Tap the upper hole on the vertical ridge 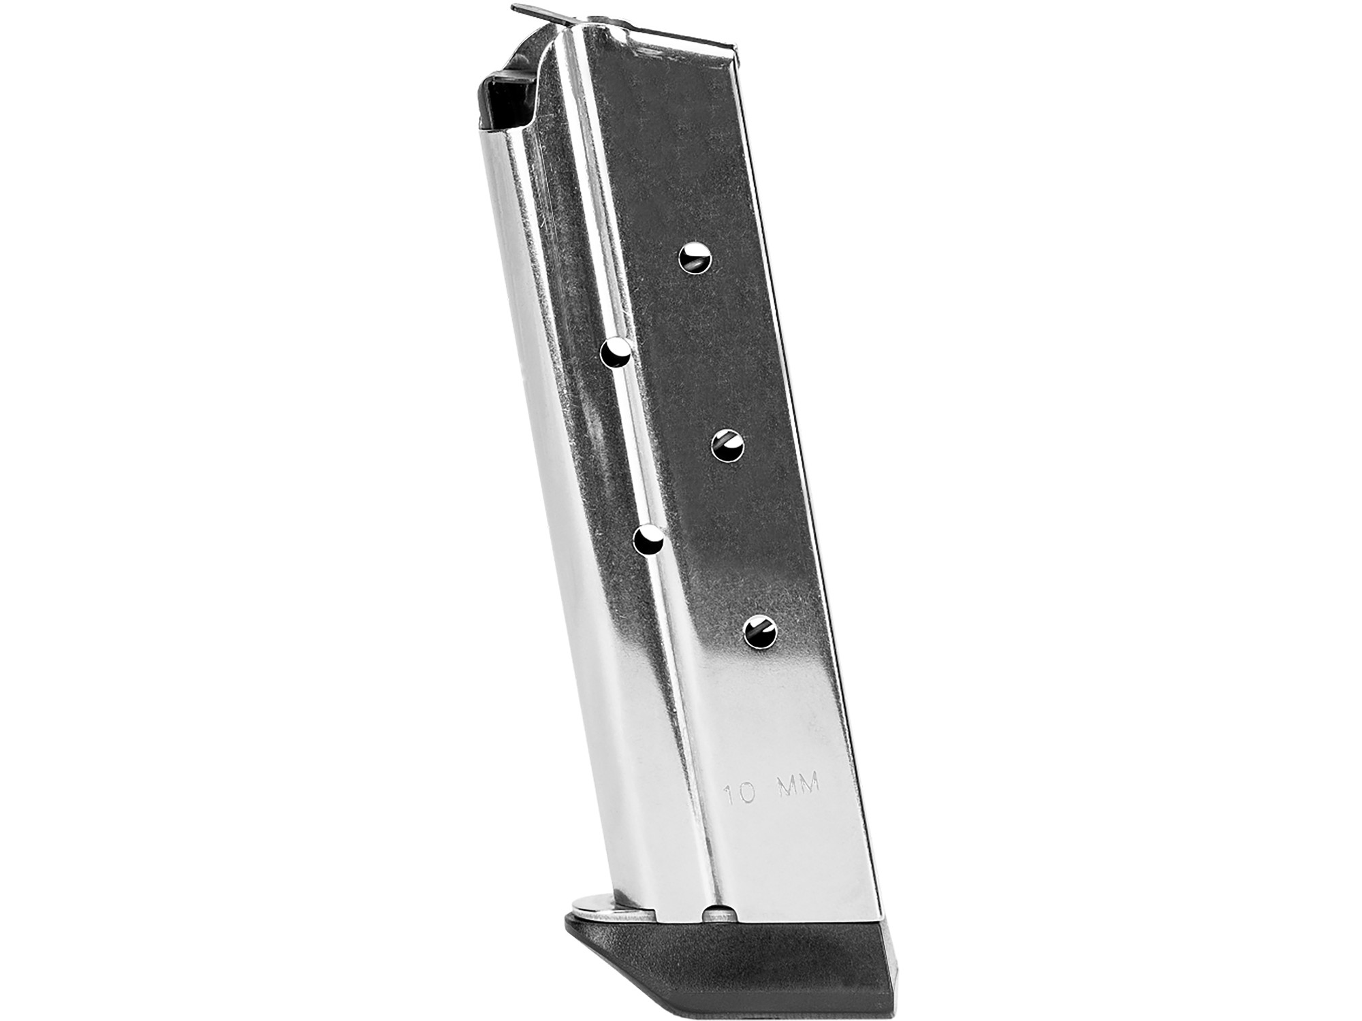[617, 353]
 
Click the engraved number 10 [739, 794]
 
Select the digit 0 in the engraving [746, 793]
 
